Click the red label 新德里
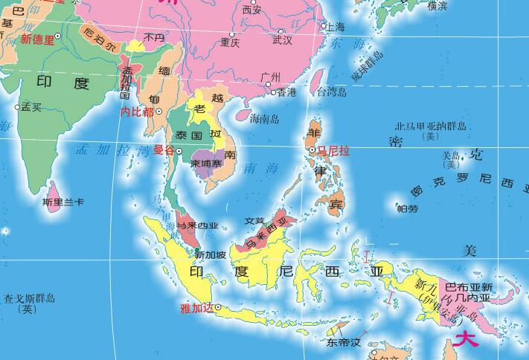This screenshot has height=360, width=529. (x=38, y=39)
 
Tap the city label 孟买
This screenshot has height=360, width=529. (x=31, y=107)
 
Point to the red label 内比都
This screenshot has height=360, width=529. (x=137, y=112)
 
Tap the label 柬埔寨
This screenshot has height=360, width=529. (x=205, y=164)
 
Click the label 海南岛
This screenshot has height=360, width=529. (x=264, y=119)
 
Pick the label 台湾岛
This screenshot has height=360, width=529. (x=332, y=93)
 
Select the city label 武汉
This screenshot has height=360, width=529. (x=283, y=39)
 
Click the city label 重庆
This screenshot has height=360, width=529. (x=229, y=43)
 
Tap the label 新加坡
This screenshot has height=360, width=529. (x=210, y=255)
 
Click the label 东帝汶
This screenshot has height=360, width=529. (x=343, y=344)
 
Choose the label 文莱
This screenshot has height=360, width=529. (x=254, y=221)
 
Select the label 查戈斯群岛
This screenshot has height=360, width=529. (x=29, y=300)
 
